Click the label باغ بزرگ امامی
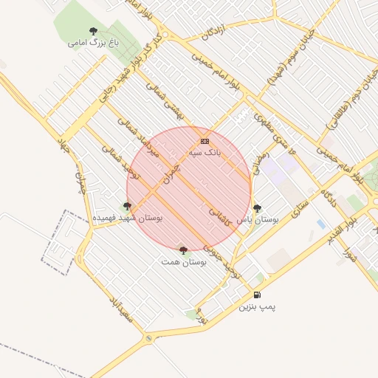pos(93,43)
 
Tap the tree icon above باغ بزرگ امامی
pos(93,31)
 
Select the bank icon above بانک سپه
pos(205,141)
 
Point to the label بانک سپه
pos(205,152)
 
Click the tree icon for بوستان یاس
pos(257,208)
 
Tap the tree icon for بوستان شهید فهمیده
pos(128,207)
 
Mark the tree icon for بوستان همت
pos(183,250)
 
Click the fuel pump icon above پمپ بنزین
pos(257,295)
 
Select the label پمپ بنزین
pos(257,306)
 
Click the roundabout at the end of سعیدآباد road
pos(149,338)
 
